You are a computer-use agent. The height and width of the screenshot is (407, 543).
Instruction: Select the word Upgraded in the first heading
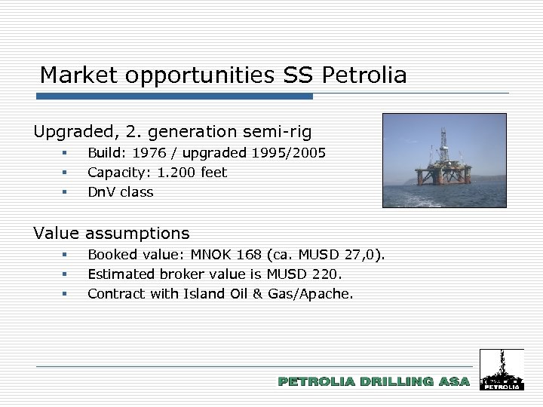point(72,132)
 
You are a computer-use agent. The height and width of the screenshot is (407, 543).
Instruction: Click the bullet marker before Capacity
point(66,173)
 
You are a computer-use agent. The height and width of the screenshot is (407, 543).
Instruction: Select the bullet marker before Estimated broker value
point(66,274)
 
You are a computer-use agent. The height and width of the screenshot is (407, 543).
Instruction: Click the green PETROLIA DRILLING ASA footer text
point(373,382)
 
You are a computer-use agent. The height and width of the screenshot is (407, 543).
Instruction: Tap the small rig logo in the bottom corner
point(501,370)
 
